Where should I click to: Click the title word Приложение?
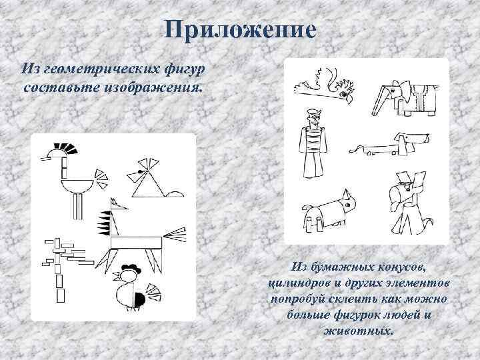coord(240,30)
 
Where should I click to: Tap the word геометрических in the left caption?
coord(101,69)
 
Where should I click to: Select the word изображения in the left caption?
coord(154,88)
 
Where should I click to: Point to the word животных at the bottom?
coord(358,331)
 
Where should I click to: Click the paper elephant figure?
coord(405,98)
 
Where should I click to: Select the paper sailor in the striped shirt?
coord(313,143)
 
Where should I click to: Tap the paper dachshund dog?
coord(390,145)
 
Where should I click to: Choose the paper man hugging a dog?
coord(409,203)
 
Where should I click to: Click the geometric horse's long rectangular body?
coord(136,243)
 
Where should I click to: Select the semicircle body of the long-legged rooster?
coord(77,185)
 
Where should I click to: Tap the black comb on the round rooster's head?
coord(131,269)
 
